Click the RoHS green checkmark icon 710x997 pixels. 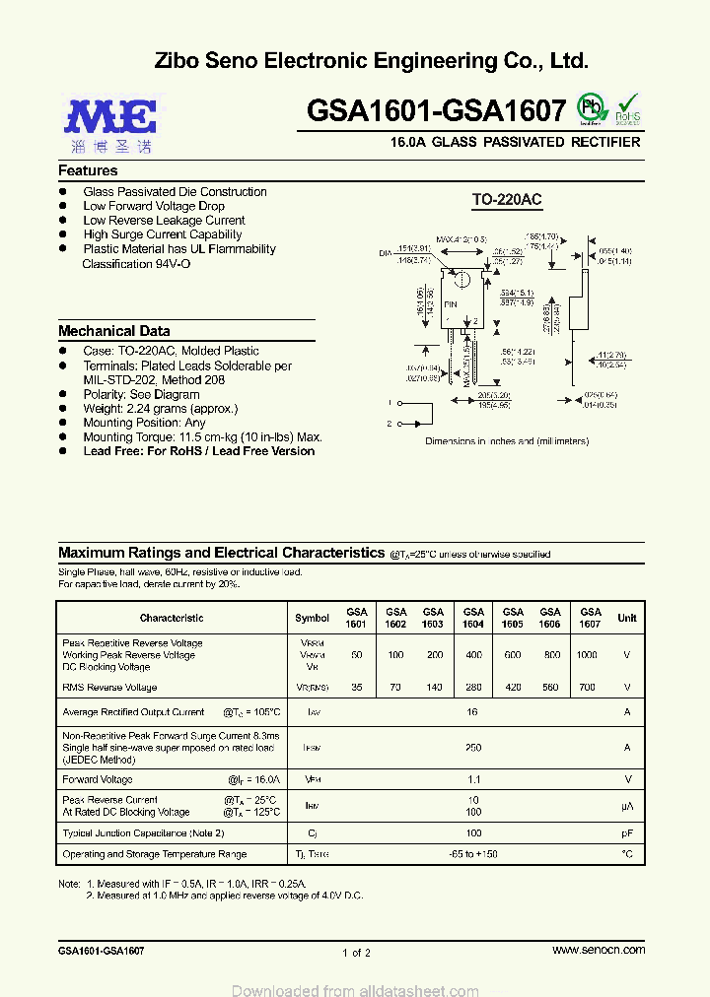click(628, 108)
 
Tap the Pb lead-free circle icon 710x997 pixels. click(591, 108)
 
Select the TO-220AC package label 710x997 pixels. click(506, 200)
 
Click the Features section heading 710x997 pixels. click(88, 170)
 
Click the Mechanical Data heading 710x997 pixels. click(113, 331)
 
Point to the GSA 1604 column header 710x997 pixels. click(473, 618)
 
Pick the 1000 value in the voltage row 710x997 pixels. click(587, 655)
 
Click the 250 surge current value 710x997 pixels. click(473, 748)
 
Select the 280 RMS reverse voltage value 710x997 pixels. click(473, 688)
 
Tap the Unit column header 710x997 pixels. click(627, 618)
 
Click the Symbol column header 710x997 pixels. click(312, 618)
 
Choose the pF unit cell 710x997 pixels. click(627, 833)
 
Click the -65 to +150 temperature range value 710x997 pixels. click(473, 854)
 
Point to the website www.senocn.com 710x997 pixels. click(599, 950)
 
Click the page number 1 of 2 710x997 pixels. click(356, 953)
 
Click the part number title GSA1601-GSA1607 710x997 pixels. click(437, 110)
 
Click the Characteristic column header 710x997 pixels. click(172, 618)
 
